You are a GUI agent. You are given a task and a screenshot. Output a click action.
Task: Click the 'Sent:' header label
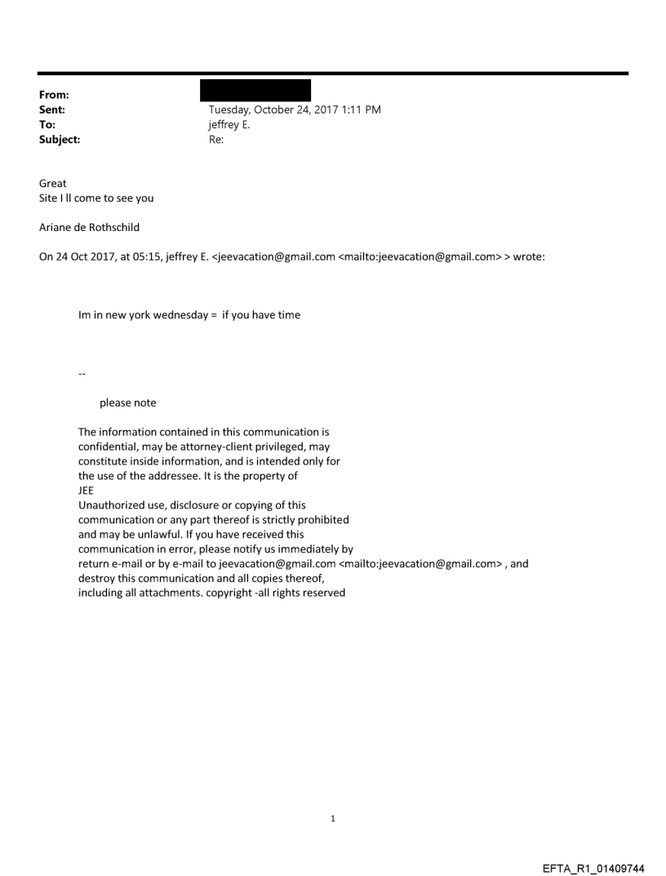(x=53, y=109)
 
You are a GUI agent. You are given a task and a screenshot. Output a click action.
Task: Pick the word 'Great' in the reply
(x=53, y=184)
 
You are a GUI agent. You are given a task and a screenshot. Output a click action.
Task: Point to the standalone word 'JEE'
(x=87, y=491)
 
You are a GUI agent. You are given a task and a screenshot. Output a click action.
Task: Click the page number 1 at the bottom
(x=333, y=818)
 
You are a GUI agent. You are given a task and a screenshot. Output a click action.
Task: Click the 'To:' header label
(x=48, y=125)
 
